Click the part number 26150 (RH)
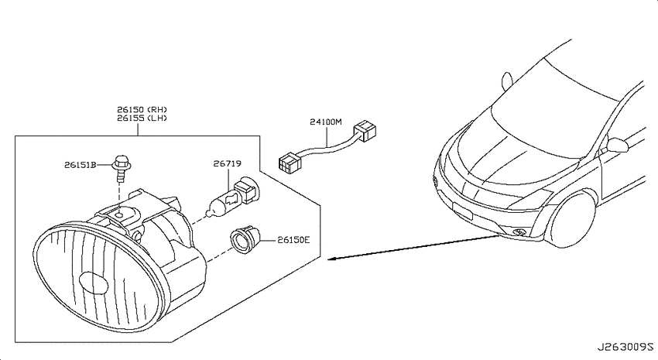click(x=142, y=110)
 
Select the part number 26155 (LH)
click(x=142, y=118)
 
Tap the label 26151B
click(x=81, y=165)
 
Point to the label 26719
click(x=227, y=163)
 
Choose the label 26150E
click(x=293, y=240)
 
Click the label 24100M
click(x=326, y=122)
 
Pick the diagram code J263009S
click(x=625, y=347)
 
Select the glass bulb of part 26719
click(x=218, y=204)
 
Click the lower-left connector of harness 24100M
click(x=290, y=163)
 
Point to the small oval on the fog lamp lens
click(x=94, y=283)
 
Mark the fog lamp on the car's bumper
click(x=519, y=231)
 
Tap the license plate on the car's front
click(x=461, y=211)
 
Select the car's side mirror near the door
click(x=616, y=146)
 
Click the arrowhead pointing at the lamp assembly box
click(x=331, y=258)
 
